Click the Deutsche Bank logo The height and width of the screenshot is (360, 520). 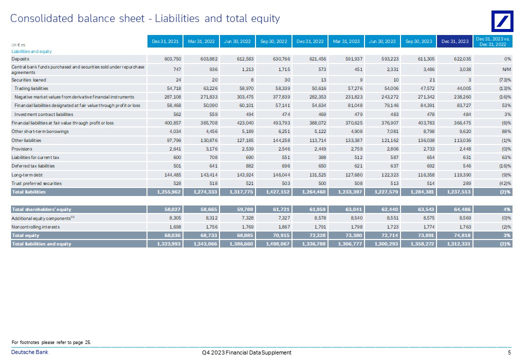(x=502, y=21)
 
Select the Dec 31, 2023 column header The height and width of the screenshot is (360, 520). (x=454, y=41)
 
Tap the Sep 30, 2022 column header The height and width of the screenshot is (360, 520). (x=273, y=41)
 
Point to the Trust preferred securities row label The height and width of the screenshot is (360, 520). (x=36, y=183)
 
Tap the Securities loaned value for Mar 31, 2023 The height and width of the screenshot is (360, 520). (x=361, y=80)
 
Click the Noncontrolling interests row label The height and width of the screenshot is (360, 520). (x=35, y=227)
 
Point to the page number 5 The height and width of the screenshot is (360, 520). (x=509, y=352)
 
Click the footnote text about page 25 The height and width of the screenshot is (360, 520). (x=51, y=342)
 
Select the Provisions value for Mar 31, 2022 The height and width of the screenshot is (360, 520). (x=211, y=149)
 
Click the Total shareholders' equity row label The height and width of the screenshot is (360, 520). (x=41, y=209)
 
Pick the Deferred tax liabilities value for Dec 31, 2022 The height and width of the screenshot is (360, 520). (x=320, y=165)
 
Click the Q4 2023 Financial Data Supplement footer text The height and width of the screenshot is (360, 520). (x=246, y=352)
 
